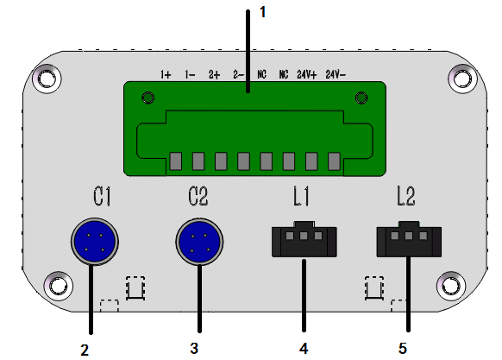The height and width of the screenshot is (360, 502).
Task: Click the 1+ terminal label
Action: click(166, 74)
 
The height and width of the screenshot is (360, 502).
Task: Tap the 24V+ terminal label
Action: click(307, 74)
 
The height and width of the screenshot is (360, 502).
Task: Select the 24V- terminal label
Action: click(336, 74)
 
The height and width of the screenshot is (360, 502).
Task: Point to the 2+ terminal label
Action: click(215, 74)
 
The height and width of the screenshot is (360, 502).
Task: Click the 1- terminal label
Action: click(190, 74)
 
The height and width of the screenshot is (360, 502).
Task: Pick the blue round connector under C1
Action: click(95, 242)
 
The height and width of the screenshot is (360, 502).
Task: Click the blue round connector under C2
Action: click(199, 242)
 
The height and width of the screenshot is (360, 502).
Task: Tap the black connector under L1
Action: click(304, 239)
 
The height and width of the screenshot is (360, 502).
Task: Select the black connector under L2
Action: click(409, 239)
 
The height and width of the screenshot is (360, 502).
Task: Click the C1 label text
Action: click(102, 196)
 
